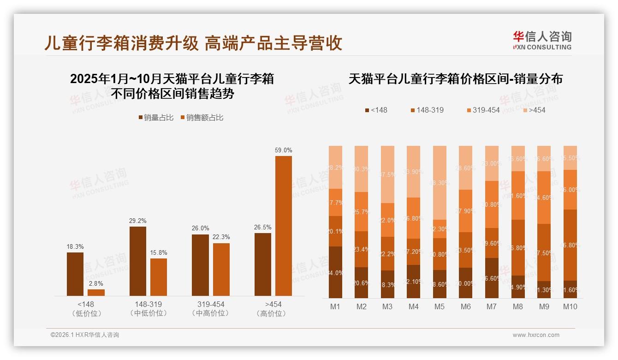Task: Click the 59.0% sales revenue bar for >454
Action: [x=284, y=226]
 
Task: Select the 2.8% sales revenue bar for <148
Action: [x=96, y=293]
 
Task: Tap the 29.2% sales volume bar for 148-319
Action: [x=138, y=261]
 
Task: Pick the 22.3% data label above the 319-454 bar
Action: [x=221, y=237]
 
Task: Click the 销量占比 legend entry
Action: [x=155, y=118]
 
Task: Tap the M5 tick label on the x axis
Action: [x=440, y=306]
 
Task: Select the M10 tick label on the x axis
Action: [x=570, y=306]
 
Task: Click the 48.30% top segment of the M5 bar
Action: [x=440, y=183]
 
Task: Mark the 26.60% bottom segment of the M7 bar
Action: [x=492, y=278]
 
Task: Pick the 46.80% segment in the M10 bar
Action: [x=570, y=245]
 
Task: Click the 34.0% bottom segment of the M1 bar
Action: [x=336, y=272]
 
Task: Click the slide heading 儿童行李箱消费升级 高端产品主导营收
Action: [x=193, y=43]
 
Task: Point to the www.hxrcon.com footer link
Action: [x=536, y=335]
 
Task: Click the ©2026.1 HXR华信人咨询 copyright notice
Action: [x=84, y=335]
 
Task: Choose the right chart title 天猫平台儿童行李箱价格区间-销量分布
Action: [x=456, y=79]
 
